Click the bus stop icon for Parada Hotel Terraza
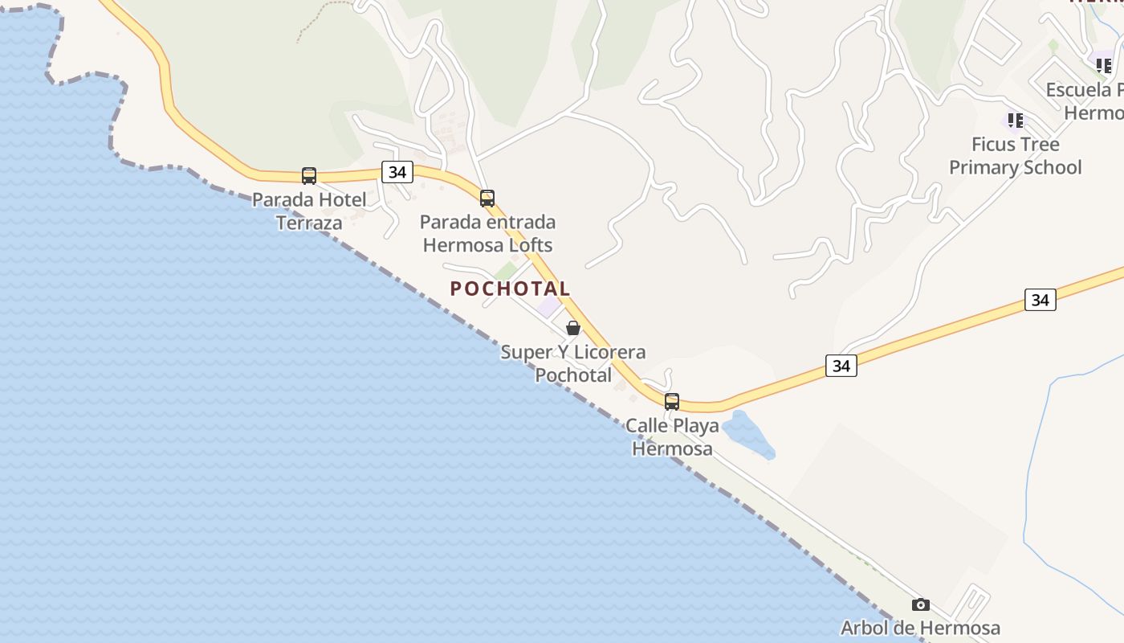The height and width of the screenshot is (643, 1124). tap(309, 175)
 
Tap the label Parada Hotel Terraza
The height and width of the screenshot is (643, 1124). tap(309, 211)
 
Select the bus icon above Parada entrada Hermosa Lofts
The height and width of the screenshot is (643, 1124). tap(487, 198)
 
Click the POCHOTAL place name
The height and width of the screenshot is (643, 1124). tap(510, 289)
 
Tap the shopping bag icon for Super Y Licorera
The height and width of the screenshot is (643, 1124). tap(573, 328)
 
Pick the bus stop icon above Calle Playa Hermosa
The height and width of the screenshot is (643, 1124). tap(672, 401)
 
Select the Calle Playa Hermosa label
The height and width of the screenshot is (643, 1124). tap(672, 436)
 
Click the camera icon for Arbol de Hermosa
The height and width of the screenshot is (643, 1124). tap(921, 604)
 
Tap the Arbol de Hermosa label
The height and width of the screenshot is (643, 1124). tap(920, 628)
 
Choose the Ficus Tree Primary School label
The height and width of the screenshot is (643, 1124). tap(1016, 156)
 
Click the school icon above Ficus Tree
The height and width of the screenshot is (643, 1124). tap(1016, 121)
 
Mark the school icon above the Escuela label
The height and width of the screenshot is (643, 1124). tap(1104, 65)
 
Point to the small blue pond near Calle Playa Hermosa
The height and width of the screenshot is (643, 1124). tap(748, 435)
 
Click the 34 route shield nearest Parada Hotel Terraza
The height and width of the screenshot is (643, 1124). tap(397, 171)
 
